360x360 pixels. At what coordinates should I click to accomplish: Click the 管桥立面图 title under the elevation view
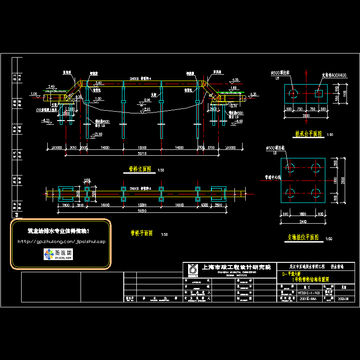tap(140, 169)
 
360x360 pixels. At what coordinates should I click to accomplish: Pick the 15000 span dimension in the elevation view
tap(142, 148)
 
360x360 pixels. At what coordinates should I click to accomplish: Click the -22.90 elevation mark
tap(96, 135)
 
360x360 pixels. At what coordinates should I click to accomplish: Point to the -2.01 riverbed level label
tap(147, 109)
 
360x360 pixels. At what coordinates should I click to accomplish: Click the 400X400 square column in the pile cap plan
tap(319, 93)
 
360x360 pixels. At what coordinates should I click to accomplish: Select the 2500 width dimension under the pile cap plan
tap(306, 115)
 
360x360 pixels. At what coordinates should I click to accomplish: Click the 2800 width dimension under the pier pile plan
tap(303, 222)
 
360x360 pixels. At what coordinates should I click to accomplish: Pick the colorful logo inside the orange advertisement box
tap(48, 255)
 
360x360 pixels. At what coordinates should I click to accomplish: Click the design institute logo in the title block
tap(193, 270)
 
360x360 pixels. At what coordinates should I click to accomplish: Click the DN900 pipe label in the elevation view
tap(135, 78)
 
